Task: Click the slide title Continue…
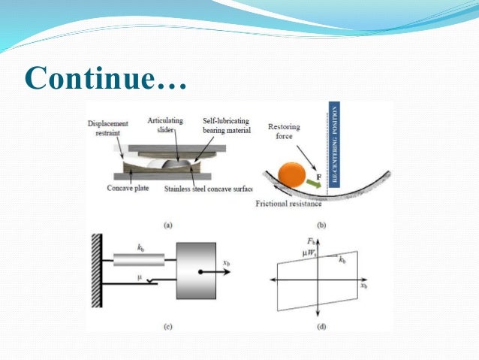pyautogui.click(x=105, y=76)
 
